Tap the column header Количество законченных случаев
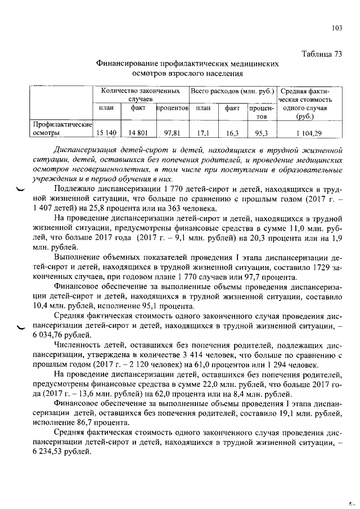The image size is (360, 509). [x=141, y=94]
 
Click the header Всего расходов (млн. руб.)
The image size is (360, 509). [x=232, y=90]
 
